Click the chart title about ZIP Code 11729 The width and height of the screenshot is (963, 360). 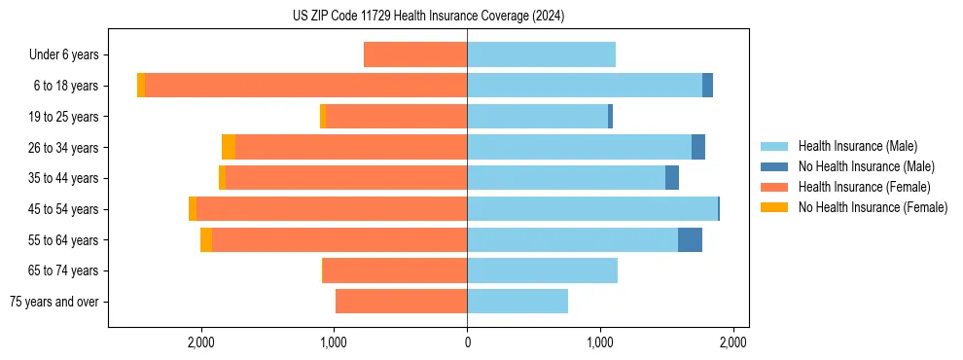tap(428, 17)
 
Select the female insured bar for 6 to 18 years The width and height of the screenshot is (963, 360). tap(305, 86)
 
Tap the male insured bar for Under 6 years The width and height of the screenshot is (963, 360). tap(541, 54)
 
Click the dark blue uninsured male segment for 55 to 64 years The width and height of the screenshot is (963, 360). tap(690, 239)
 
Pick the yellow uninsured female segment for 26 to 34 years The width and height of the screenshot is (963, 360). tap(229, 147)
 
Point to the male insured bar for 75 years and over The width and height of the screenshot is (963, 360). tap(517, 302)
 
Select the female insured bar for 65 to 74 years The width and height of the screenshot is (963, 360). tap(395, 270)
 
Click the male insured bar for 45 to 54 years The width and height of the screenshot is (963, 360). tap(592, 208)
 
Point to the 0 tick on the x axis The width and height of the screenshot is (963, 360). tap(467, 342)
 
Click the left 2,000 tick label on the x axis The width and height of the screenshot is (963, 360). tap(201, 342)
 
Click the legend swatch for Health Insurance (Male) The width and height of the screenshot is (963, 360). tap(774, 146)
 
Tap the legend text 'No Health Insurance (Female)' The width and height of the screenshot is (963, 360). tap(873, 207)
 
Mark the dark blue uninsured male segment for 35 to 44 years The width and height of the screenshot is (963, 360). tap(672, 178)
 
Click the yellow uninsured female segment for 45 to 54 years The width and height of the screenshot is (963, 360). tap(193, 208)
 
